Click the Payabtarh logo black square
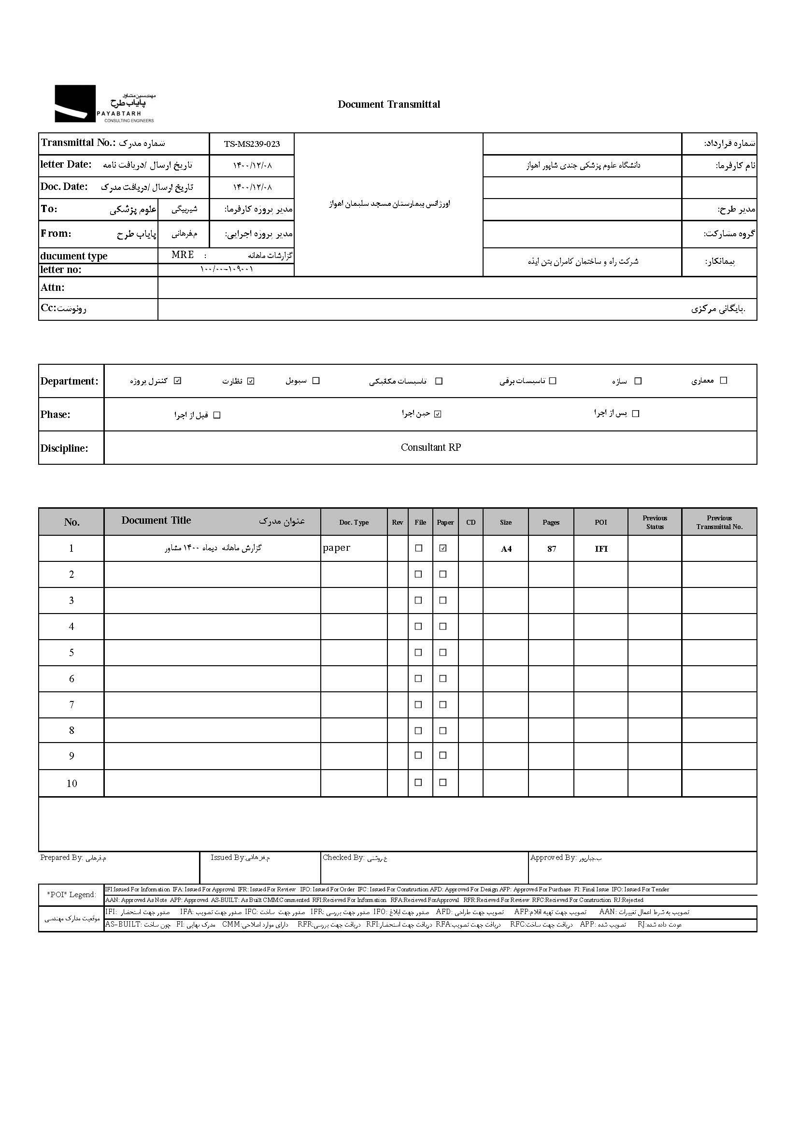tap(75, 103)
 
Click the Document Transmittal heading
tap(389, 104)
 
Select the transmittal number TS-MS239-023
tap(251, 144)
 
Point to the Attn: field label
tap(53, 288)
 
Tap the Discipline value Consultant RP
tap(430, 448)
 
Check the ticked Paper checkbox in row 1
tap(443, 548)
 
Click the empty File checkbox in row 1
tap(419, 548)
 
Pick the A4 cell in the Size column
tap(506, 549)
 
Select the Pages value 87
tap(551, 549)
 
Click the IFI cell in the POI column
tap(601, 549)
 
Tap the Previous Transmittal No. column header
tap(719, 522)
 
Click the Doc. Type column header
tap(354, 523)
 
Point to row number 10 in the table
tap(72, 784)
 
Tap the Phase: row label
tap(56, 415)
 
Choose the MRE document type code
tap(183, 255)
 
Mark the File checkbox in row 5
tap(419, 653)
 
